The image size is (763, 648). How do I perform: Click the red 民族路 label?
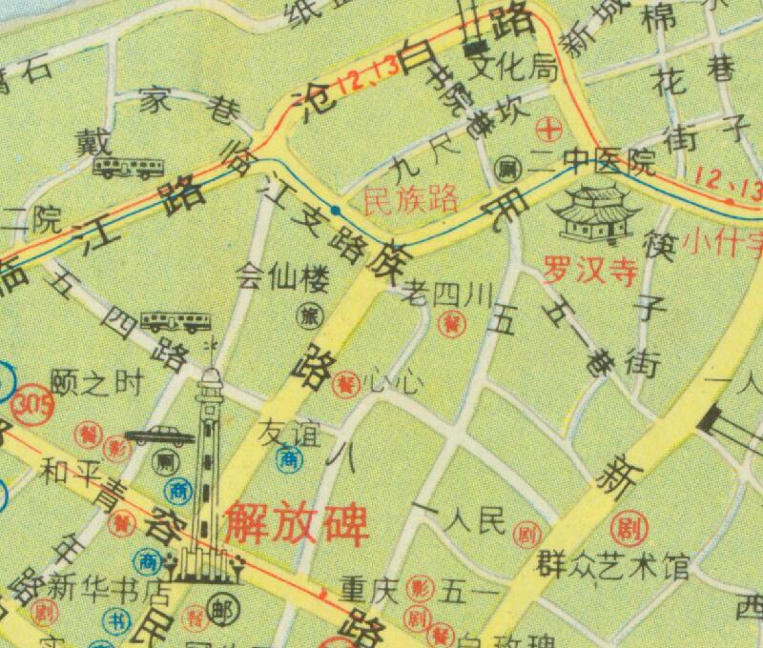coord(412,199)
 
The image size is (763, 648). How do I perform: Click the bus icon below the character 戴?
coord(127,169)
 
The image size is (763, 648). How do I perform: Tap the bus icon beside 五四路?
coord(175,320)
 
